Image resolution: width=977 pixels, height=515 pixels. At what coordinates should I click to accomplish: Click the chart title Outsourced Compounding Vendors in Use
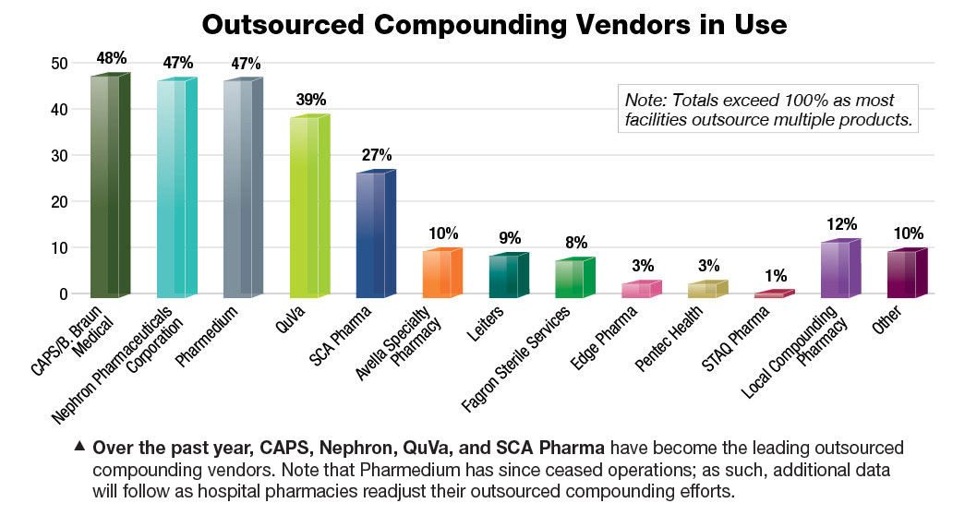(x=493, y=24)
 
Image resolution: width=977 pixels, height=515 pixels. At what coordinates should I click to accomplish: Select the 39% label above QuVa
(x=310, y=99)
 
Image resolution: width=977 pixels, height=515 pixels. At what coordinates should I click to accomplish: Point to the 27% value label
(x=377, y=154)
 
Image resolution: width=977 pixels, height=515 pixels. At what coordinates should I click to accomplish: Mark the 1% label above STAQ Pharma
(x=776, y=275)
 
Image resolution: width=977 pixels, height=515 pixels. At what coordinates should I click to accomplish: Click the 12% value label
(x=842, y=223)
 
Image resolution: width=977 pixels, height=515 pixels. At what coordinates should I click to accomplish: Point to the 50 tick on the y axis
(x=58, y=64)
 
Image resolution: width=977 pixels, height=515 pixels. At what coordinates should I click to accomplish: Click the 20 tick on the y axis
(x=58, y=202)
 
